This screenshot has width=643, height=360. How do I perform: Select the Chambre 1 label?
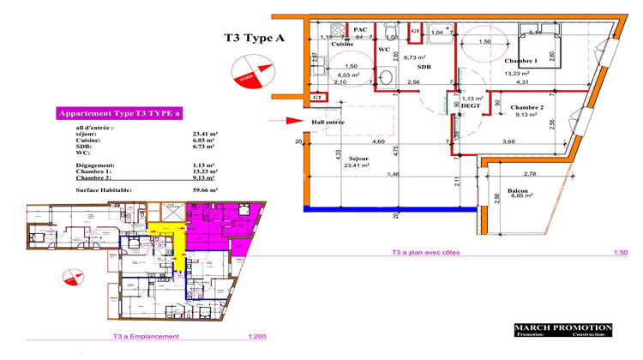point(520,62)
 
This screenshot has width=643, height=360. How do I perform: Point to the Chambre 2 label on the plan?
point(527,107)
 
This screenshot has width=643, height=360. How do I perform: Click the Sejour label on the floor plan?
point(360,159)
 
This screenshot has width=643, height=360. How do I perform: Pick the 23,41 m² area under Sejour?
point(360,166)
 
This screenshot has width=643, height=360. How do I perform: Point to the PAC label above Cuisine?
point(361,29)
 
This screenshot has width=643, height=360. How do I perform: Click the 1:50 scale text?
point(599,252)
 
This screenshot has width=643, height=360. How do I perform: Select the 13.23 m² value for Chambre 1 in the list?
point(205,171)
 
